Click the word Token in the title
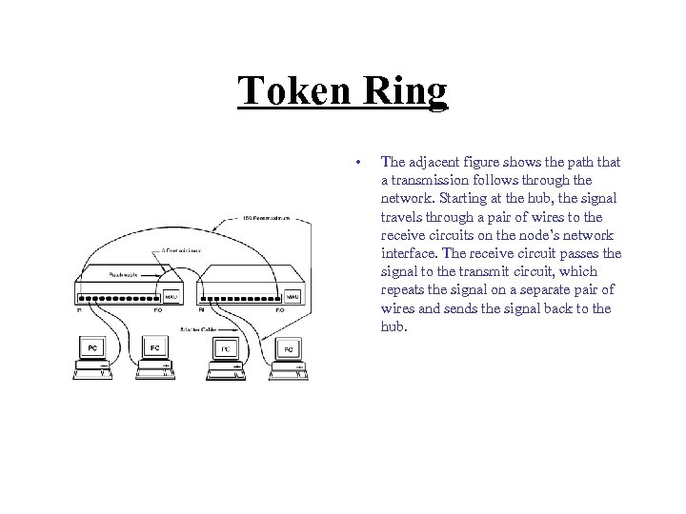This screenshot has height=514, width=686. pos(291,92)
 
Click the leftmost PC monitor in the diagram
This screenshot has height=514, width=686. pos(92,350)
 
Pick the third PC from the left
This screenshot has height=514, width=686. pos(225,350)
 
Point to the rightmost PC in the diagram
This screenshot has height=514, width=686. pos(288,350)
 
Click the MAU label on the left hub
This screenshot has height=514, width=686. pos(172,296)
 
